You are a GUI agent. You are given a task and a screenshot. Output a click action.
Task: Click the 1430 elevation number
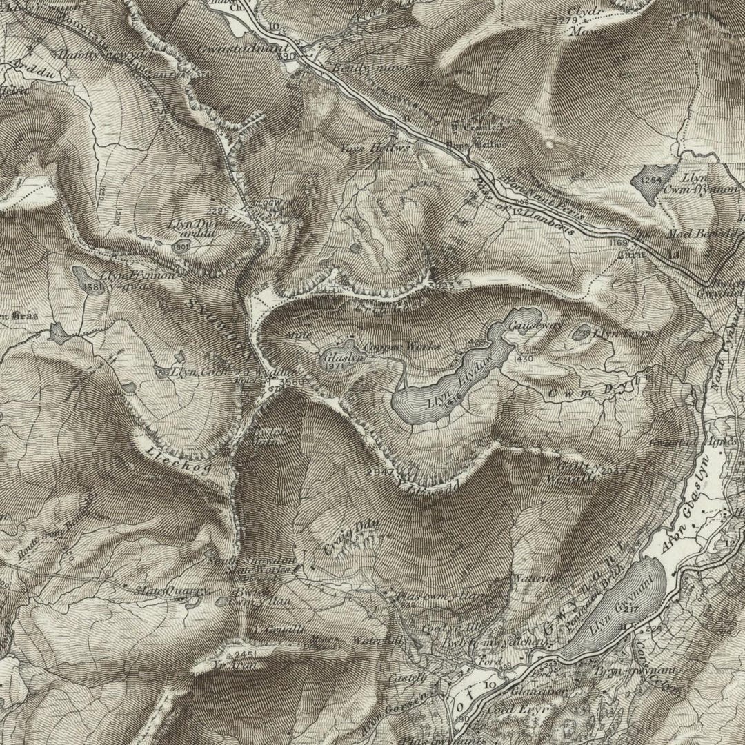point(524,360)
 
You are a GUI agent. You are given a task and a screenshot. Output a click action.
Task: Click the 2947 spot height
point(379,472)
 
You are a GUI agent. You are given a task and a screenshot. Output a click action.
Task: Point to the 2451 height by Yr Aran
point(245,653)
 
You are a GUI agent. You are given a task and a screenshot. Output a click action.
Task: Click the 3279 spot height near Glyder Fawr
point(564,21)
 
